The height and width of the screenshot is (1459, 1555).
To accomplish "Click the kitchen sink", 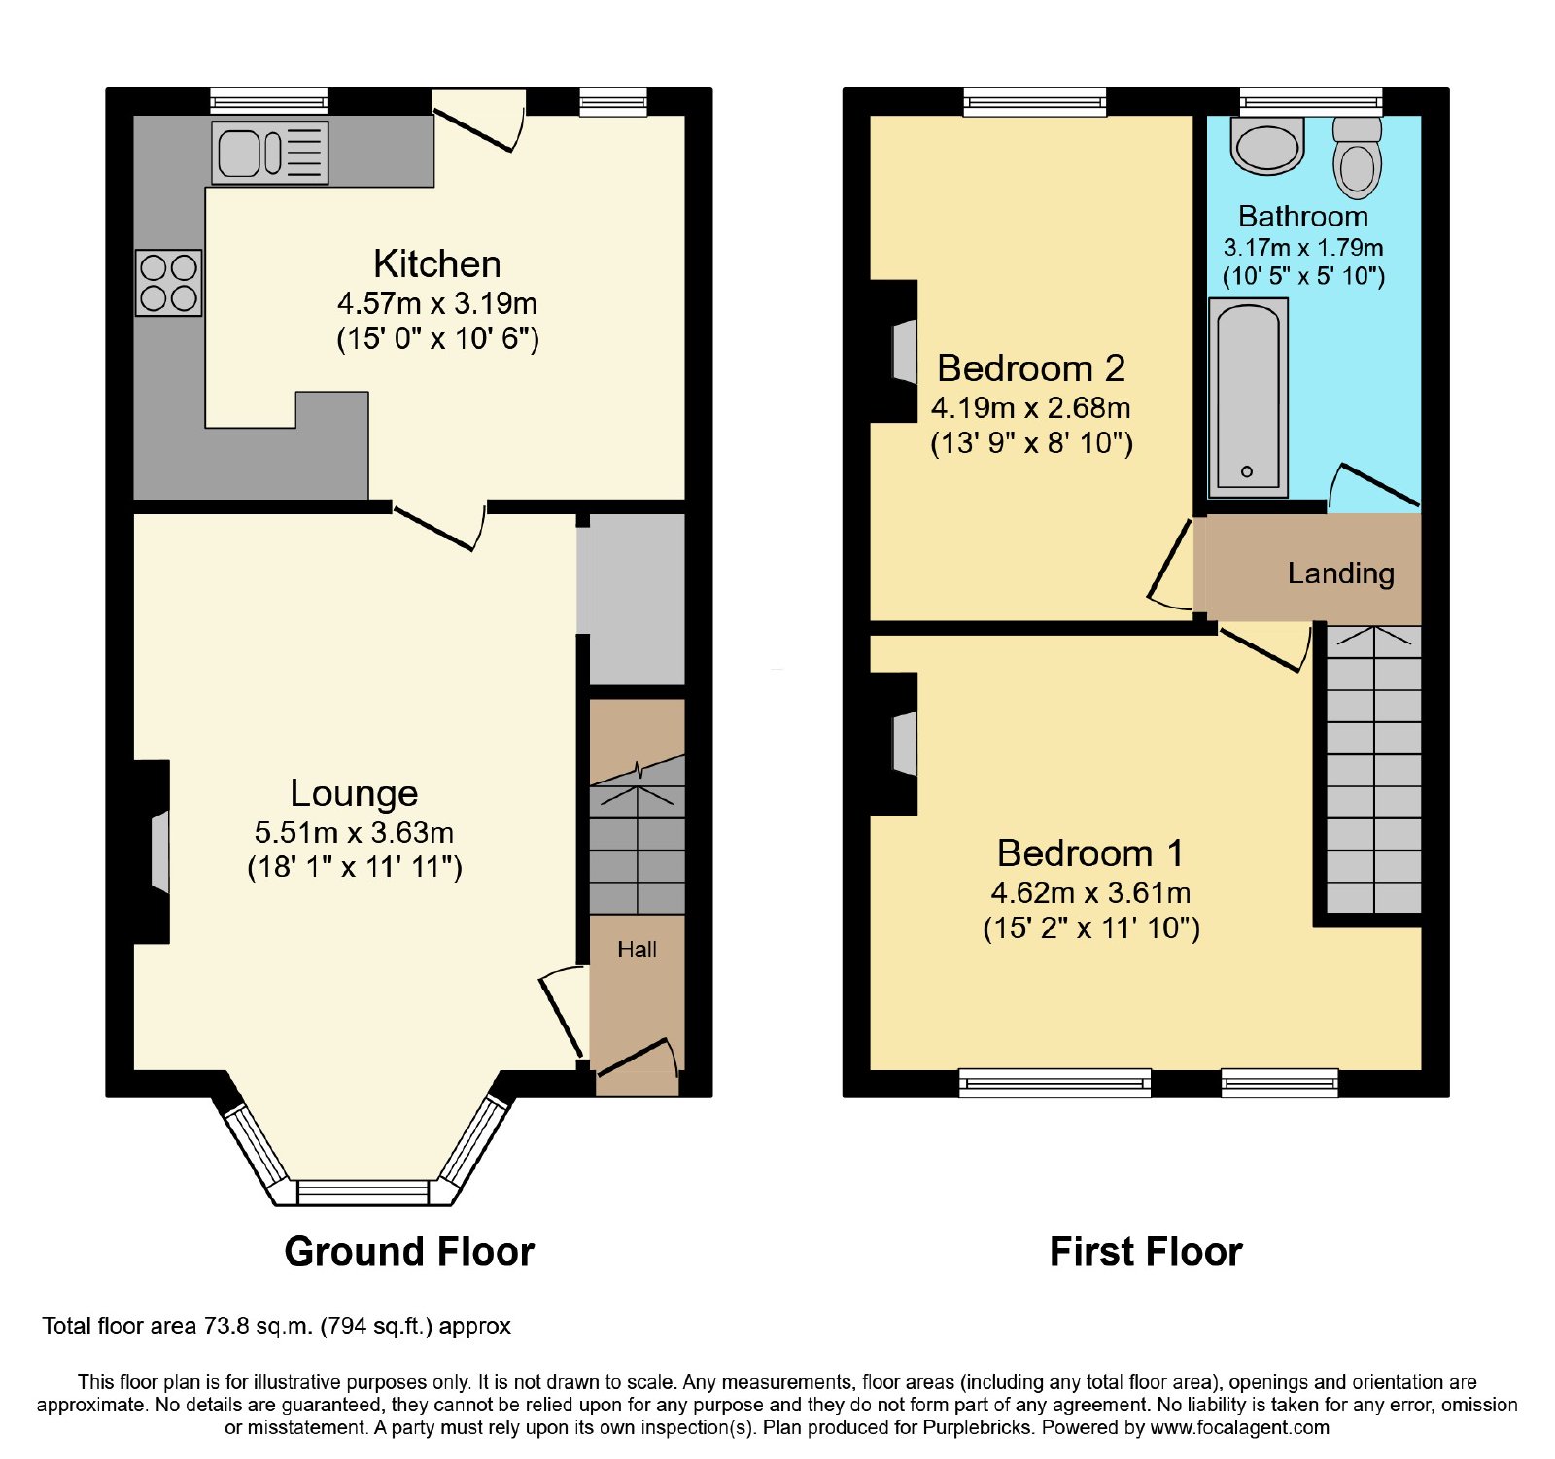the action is [270, 153].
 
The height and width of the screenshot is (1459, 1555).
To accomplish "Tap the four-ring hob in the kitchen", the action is [168, 283].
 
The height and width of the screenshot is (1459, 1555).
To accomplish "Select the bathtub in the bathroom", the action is [1248, 398].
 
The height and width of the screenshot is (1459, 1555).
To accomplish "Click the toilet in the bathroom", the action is [1357, 157].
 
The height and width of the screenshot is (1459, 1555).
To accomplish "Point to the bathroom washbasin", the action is [1267, 146].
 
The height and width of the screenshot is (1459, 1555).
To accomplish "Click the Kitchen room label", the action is [437, 264].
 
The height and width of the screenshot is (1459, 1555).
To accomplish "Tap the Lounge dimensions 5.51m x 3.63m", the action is [355, 833].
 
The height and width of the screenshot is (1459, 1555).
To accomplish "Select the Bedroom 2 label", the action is [1031, 368].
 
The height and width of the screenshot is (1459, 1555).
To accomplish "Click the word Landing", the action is [1341, 573].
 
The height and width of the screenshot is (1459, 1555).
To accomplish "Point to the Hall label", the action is [638, 950].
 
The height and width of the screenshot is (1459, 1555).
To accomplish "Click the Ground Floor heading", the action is [409, 1251].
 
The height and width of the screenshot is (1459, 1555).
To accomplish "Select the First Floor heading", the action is [1146, 1251].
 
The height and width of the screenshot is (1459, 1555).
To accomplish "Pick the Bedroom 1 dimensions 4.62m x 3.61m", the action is [1090, 892].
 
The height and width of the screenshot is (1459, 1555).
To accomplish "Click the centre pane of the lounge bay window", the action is [363, 1192].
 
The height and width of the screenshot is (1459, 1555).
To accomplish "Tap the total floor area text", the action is [276, 1326].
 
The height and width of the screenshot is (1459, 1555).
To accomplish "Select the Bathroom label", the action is [1303, 216].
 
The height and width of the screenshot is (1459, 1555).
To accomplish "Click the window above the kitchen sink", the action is [269, 101].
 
